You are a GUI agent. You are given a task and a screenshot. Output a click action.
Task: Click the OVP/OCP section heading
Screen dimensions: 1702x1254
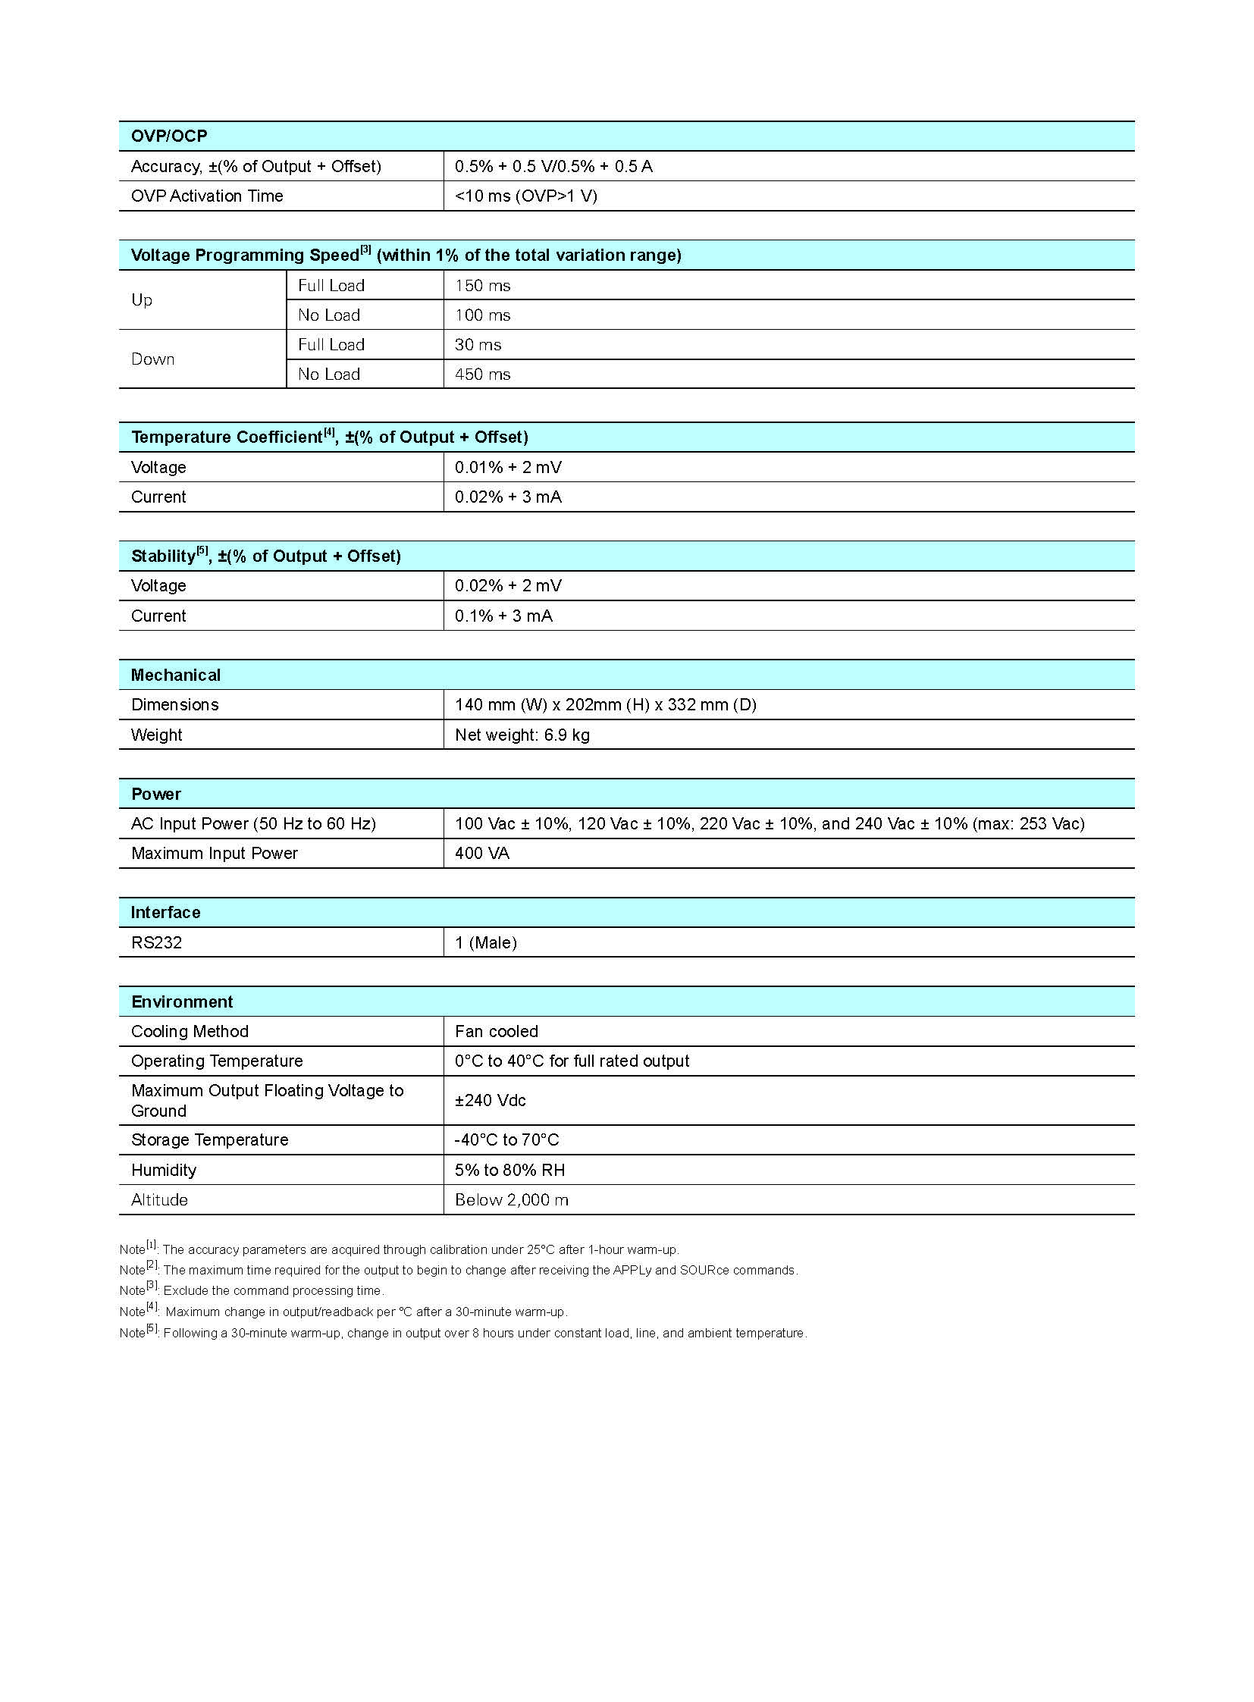tap(169, 136)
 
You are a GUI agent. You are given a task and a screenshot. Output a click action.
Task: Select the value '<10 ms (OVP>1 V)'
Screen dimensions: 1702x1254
tap(526, 196)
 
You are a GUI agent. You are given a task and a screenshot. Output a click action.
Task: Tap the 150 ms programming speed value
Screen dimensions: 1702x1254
tap(483, 286)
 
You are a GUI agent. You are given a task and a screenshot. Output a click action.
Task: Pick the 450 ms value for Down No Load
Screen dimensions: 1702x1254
tap(483, 375)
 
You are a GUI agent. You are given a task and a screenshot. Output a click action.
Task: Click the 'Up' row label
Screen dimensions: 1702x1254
tap(142, 300)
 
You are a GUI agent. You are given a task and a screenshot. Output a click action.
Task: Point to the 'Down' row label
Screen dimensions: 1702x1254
tap(152, 359)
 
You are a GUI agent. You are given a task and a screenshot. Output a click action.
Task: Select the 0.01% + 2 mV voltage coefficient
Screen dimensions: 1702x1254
tap(508, 467)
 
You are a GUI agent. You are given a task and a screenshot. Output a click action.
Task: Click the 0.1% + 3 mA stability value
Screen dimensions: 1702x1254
tap(503, 616)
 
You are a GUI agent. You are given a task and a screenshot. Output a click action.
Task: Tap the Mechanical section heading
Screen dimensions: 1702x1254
tap(175, 675)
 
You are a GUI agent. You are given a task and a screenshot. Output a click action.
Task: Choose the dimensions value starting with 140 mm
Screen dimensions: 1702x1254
tap(606, 704)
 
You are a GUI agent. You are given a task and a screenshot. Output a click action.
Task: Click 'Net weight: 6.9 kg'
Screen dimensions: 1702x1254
tap(522, 735)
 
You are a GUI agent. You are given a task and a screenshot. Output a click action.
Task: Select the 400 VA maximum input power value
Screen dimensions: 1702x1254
tap(482, 854)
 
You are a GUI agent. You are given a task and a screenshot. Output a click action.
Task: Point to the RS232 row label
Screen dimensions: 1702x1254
tap(156, 943)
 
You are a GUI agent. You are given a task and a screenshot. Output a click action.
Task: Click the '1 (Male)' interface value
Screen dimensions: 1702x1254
tap(486, 943)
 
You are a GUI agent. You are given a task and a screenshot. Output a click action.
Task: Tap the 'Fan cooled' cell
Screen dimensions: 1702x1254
tap(497, 1031)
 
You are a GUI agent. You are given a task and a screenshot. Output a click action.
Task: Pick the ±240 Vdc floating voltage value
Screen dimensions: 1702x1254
tap(491, 1100)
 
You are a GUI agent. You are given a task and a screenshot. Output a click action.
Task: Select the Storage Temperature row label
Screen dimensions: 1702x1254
tap(209, 1139)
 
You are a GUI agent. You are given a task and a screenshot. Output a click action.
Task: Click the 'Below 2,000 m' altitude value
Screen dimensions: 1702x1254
tap(512, 1199)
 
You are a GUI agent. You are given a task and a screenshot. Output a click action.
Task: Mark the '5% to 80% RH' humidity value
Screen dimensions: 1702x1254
tap(510, 1170)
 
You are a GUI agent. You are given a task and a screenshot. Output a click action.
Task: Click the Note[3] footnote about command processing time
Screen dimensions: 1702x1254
tap(252, 1290)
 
